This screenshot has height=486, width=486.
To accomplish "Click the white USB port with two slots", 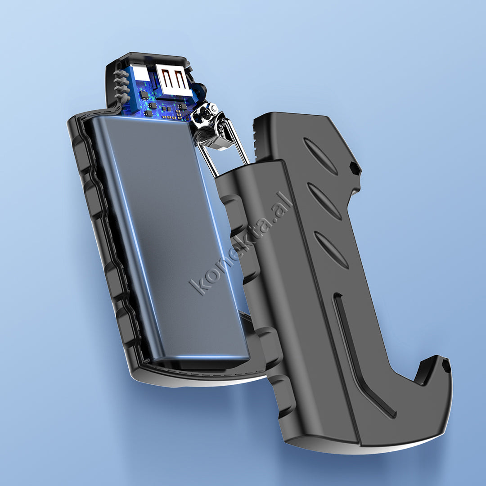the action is [173, 80].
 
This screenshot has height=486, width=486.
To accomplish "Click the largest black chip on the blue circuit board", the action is [144, 94].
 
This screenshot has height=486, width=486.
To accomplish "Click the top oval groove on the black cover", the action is [320, 156].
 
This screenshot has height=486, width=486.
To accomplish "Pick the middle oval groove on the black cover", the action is [324, 202].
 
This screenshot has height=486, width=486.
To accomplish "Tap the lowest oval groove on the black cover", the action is [331, 250].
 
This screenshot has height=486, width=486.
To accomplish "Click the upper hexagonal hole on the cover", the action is [355, 169].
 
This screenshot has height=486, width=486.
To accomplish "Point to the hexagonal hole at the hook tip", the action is [446, 366].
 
